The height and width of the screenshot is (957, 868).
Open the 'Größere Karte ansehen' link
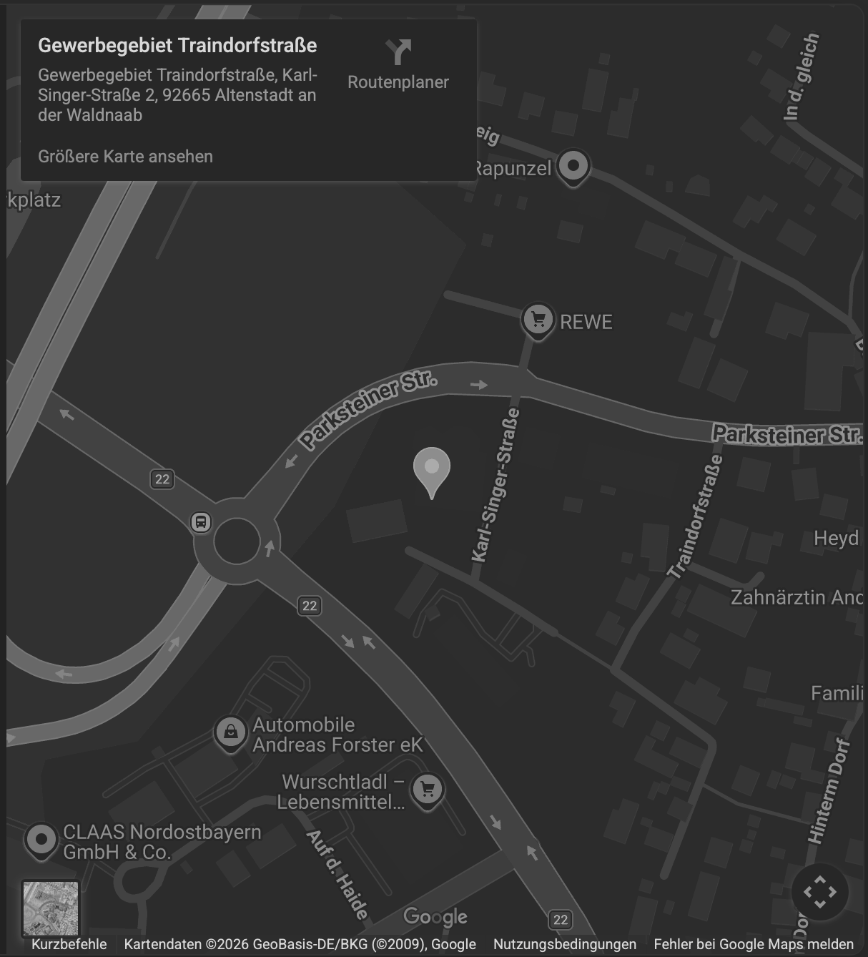coord(125,157)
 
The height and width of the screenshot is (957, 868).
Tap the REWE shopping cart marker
coord(538,320)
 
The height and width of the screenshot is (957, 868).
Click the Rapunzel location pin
coord(573,167)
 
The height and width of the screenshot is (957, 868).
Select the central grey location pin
coord(431,469)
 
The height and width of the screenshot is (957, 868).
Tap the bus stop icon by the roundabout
coord(201,521)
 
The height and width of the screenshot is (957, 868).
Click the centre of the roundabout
coord(236,541)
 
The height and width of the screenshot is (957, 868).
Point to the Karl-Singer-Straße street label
coord(495,486)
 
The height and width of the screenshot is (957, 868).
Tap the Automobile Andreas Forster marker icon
coord(230,732)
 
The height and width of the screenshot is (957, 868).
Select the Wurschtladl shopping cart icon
coord(428,790)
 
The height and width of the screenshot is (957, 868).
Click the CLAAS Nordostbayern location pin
coord(41,840)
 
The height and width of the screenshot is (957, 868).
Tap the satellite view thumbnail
coord(50,908)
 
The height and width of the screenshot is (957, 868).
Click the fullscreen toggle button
coord(819,892)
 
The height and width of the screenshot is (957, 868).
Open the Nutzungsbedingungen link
coord(564,944)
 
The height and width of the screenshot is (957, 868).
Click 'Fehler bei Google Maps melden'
coord(754,944)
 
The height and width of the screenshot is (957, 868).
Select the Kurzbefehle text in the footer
coord(69,944)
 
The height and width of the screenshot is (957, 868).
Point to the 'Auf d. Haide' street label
coord(337,874)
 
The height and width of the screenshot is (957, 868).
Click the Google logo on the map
coord(435,917)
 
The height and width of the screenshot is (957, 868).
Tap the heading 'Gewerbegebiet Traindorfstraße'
coord(177,45)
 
